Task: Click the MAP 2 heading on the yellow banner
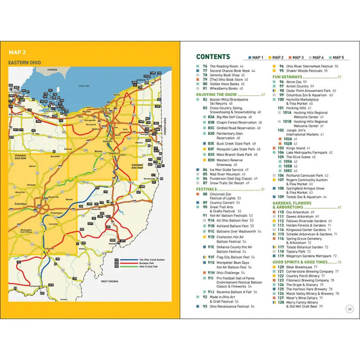(x=18, y=51)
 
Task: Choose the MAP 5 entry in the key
(x=336, y=58)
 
